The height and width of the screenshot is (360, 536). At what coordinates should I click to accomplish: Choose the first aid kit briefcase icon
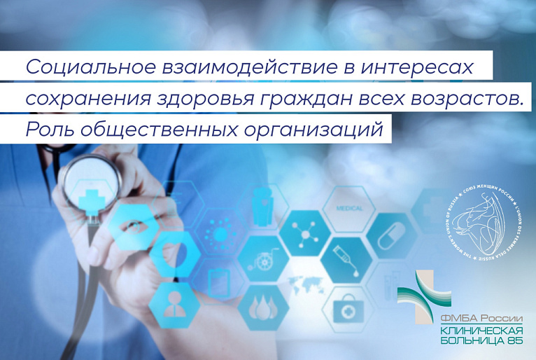click(x=348, y=308)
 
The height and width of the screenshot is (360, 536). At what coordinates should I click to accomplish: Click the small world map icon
click(x=305, y=286)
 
